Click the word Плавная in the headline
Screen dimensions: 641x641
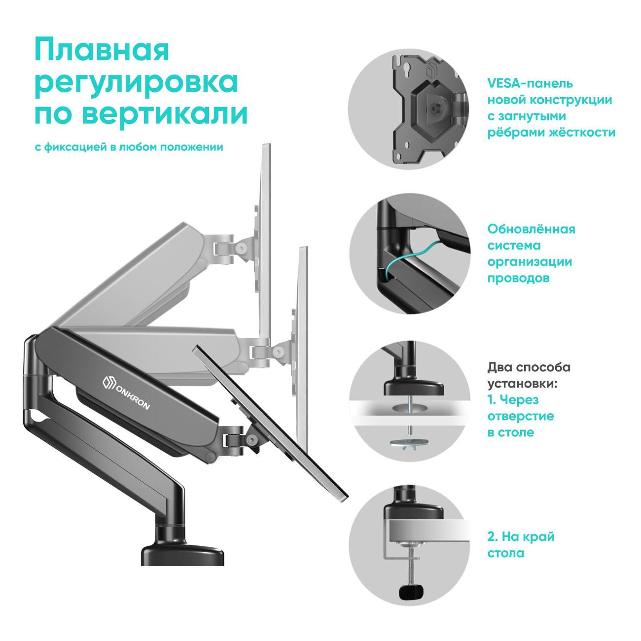tap(102, 50)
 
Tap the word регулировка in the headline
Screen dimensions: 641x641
tap(137, 83)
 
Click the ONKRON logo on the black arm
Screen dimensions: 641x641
tap(126, 392)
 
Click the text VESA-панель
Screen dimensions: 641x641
tap(530, 83)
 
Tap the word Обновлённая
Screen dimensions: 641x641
tap(531, 229)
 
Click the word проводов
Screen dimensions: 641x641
tap(518, 279)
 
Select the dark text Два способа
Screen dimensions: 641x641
tap(529, 367)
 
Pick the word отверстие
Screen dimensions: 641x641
tap(521, 416)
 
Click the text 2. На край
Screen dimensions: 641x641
tap(521, 536)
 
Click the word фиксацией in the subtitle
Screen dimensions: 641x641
tap(75, 147)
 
